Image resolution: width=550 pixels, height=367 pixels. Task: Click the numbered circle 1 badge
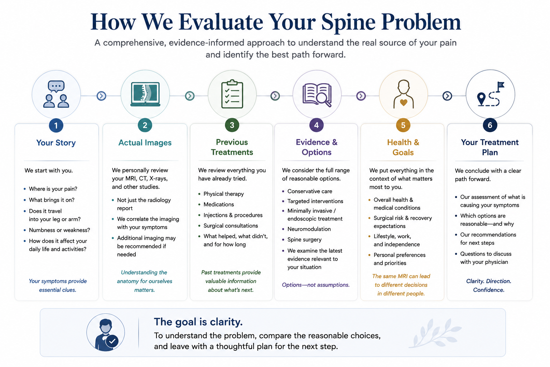click(x=56, y=125)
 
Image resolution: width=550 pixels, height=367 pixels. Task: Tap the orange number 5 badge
click(x=403, y=125)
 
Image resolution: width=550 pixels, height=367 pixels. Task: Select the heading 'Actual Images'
click(x=145, y=143)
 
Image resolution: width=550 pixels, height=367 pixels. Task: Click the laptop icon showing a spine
click(x=145, y=94)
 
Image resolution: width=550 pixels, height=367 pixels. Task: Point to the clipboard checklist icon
click(x=232, y=94)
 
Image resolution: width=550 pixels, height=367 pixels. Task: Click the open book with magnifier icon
click(x=317, y=95)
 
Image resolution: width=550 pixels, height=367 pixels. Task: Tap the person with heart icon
click(x=404, y=94)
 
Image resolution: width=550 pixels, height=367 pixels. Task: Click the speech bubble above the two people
click(x=56, y=86)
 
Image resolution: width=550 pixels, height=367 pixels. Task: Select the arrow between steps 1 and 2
click(x=101, y=96)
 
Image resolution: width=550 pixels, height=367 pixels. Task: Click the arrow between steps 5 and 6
click(x=447, y=96)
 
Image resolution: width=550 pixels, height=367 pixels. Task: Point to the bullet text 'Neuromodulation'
click(x=309, y=229)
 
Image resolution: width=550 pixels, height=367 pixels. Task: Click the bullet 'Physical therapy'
click(x=223, y=194)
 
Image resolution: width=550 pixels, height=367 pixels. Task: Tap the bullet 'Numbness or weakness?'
click(x=59, y=230)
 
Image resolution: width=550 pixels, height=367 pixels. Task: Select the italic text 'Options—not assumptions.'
click(x=315, y=285)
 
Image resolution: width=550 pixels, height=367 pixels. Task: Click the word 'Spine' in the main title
click(x=348, y=22)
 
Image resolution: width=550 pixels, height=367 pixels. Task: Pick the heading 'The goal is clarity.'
click(x=198, y=322)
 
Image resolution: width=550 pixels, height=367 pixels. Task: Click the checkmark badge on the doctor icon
click(x=112, y=341)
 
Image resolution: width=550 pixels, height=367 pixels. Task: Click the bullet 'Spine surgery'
click(x=304, y=240)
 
